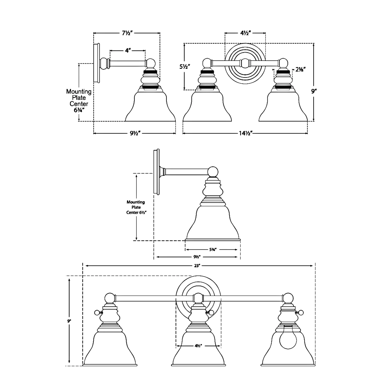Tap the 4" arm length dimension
click(128, 50)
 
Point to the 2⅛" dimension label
click(301, 70)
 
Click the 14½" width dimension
click(245, 134)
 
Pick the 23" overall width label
click(197, 266)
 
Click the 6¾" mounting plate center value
click(79, 110)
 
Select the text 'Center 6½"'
click(136, 212)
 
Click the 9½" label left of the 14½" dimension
click(136, 134)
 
